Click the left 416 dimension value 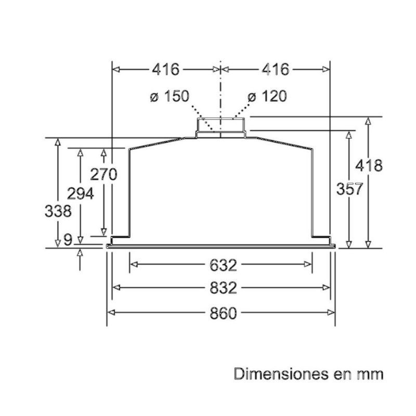(166, 70)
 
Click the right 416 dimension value (276, 70)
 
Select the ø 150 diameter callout (170, 96)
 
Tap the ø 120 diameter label (267, 96)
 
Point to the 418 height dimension (369, 165)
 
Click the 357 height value (349, 189)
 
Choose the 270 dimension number (103, 175)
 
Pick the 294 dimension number (81, 193)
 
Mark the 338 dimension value (58, 211)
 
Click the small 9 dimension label (68, 240)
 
